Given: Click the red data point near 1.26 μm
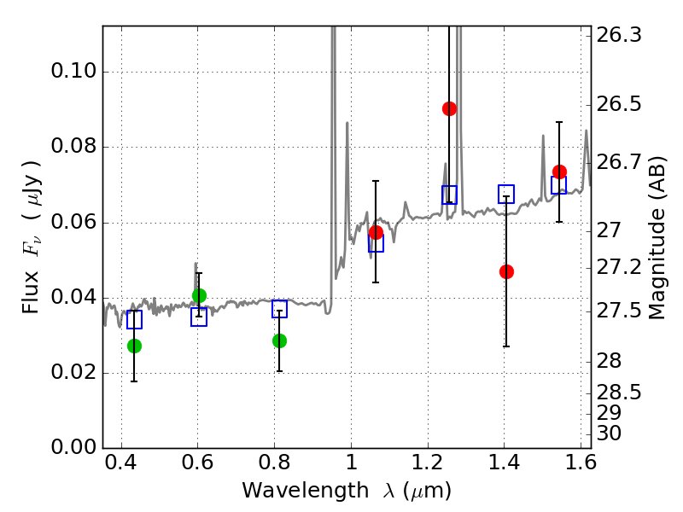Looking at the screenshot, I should tap(449, 108).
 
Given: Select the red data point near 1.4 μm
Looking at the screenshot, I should tap(506, 271).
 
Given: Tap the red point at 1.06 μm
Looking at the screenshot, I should tap(376, 233).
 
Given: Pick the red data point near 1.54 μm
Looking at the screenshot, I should tap(559, 172).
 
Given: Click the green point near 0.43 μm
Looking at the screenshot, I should tap(134, 346).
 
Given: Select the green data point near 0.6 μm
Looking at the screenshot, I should tap(199, 295).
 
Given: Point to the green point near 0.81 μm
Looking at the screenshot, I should tap(279, 340).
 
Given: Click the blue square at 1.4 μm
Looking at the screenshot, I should tap(506, 195).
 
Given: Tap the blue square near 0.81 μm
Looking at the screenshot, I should tap(279, 309).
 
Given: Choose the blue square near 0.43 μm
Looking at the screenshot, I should tap(134, 320).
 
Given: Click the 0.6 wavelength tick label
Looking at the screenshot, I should tap(197, 464).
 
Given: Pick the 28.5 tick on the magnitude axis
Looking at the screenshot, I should tap(619, 393).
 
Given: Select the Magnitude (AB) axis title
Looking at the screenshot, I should tap(657, 237).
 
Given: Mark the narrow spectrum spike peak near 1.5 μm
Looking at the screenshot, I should tap(542, 135).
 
